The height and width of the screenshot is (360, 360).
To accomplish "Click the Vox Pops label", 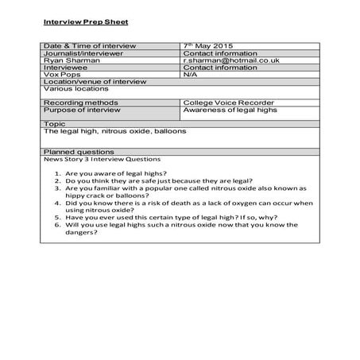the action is (60, 75).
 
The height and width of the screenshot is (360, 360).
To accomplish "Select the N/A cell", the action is (190, 75).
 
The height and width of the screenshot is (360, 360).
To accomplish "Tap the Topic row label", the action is (54, 124).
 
